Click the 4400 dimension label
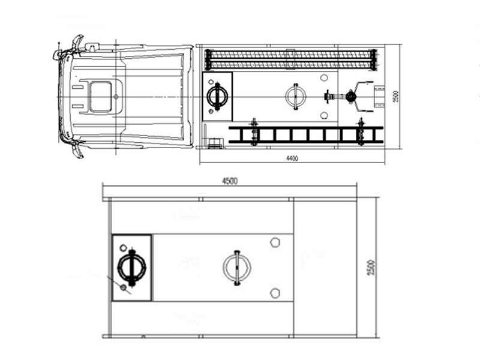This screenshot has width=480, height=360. pyautogui.click(x=292, y=158)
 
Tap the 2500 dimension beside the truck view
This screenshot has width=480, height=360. pyautogui.click(x=395, y=96)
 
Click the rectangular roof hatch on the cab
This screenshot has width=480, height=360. pyautogui.click(x=100, y=97)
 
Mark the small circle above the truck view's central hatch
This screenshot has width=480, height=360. pyautogui.click(x=325, y=77)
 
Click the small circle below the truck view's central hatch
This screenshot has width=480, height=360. pyautogui.click(x=325, y=115)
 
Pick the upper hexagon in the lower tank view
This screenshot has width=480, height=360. pyautogui.click(x=275, y=242)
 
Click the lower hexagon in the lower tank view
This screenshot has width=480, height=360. pyautogui.click(x=275, y=292)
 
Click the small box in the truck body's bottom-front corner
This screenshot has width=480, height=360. pyautogui.click(x=214, y=142)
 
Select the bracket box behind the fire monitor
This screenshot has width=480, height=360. pyautogui.click(x=379, y=96)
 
